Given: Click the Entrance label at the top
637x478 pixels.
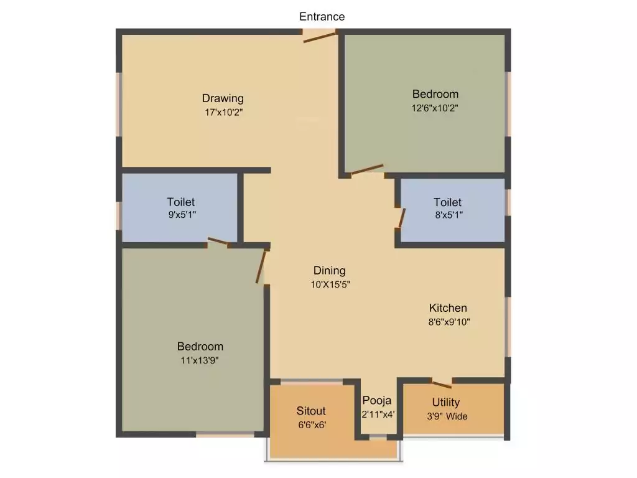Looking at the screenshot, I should coord(322,17).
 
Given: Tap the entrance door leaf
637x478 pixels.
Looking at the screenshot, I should coord(319,37).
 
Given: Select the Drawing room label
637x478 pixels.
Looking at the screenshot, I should coord(223,98).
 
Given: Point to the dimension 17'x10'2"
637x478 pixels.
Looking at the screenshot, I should coord(223,113).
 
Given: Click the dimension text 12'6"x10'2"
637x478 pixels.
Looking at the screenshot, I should coord(435,108).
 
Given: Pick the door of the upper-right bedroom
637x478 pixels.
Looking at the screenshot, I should coord(367,169).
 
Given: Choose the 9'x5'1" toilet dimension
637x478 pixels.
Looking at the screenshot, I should coord(180,215).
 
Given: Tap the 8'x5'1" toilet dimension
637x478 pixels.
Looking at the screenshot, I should coord(448,215).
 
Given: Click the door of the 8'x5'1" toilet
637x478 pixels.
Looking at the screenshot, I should coord(402,219).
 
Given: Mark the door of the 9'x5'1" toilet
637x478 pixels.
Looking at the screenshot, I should coord(218,241).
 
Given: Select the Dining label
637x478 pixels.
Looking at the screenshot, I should coord(329,271).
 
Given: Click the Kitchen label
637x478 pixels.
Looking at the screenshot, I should coord(448,308).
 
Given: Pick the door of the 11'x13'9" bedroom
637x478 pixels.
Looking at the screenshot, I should coord(261,267).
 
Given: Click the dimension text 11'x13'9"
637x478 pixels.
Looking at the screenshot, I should coord(200,360).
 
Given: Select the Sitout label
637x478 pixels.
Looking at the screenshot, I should coord(311,411).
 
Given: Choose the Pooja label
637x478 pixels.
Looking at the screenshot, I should coord(378,400).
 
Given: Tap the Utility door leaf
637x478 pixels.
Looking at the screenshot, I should coord(441,383).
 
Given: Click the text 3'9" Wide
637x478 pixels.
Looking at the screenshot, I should coord(447,416).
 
